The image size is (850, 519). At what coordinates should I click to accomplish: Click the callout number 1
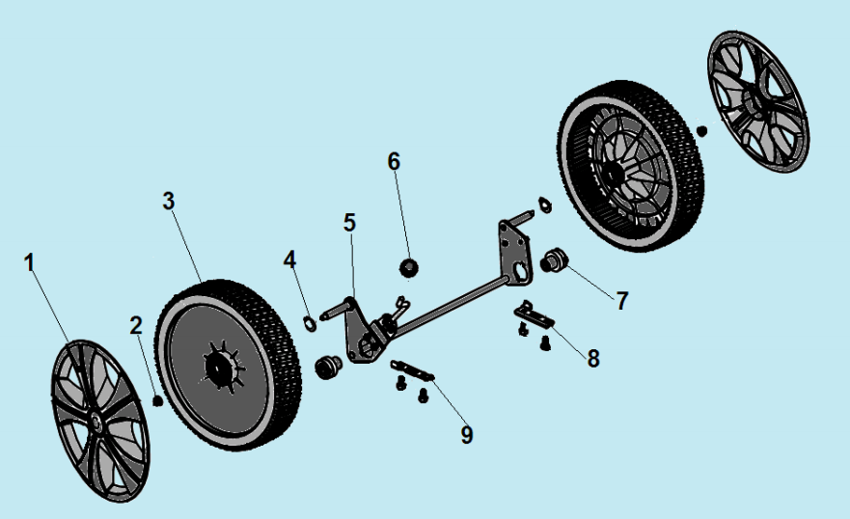click(x=29, y=262)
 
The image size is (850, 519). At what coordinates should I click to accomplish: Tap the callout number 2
click(x=136, y=325)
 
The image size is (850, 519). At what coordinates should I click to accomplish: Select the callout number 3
click(x=168, y=201)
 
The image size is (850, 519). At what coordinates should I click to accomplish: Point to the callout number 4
click(x=290, y=259)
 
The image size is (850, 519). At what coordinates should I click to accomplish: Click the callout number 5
click(x=349, y=222)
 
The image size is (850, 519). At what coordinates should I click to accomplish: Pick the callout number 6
click(x=394, y=161)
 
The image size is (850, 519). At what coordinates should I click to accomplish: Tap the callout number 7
click(x=622, y=300)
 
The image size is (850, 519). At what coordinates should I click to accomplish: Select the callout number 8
click(x=593, y=358)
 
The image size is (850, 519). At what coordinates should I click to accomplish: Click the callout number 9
click(x=467, y=435)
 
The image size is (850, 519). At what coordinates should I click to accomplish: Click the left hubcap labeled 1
click(x=97, y=420)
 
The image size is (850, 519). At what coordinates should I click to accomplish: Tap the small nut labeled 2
click(x=157, y=398)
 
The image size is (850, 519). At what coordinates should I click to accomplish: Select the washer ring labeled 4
click(x=309, y=321)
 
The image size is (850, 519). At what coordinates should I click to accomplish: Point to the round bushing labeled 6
click(x=408, y=266)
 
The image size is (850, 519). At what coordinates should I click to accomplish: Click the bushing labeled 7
click(x=554, y=259)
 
